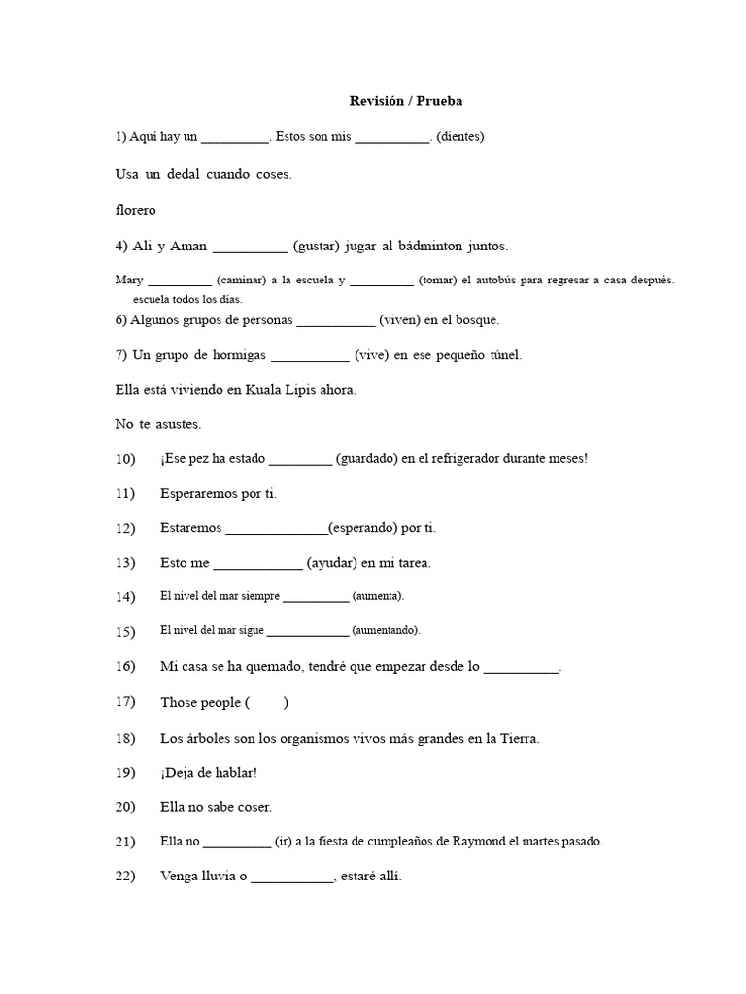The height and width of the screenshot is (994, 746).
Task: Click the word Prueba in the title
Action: point(440,100)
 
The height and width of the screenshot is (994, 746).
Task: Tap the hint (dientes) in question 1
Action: point(460,137)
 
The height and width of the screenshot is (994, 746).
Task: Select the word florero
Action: point(135,210)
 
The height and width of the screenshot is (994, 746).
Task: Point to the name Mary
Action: point(129,280)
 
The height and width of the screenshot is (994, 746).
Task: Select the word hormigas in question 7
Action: point(233,355)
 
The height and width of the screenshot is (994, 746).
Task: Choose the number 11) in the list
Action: point(124,494)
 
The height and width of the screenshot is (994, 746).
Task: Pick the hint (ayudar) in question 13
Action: point(331,563)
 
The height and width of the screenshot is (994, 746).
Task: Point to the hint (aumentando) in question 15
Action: point(387,630)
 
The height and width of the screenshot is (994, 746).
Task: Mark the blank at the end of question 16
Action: point(521,669)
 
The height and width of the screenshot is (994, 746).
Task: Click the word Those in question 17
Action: point(179,703)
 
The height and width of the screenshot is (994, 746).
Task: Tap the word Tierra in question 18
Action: point(518,739)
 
